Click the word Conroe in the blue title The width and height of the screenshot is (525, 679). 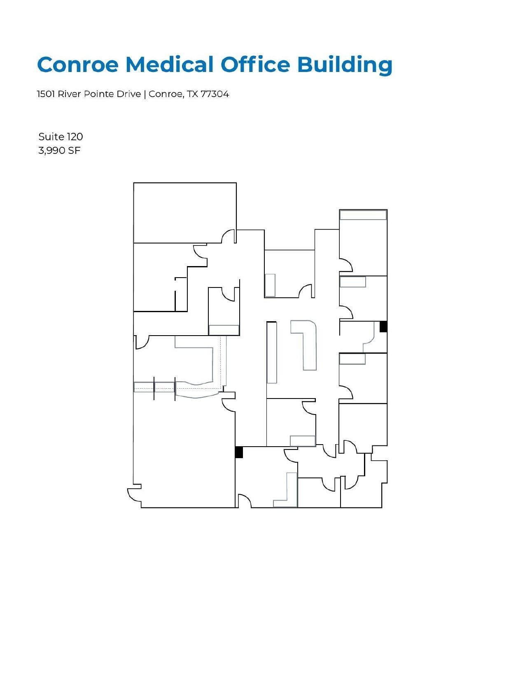click(x=78, y=65)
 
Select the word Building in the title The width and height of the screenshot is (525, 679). click(x=344, y=65)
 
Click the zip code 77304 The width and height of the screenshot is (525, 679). click(x=215, y=94)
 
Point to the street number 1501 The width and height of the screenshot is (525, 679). click(x=46, y=94)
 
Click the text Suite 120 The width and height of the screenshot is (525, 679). click(x=61, y=137)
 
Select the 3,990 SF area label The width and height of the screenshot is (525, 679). click(x=59, y=151)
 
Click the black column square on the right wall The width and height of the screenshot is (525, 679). click(x=383, y=327)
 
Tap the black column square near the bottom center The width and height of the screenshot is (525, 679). click(x=239, y=452)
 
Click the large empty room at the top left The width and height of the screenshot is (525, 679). click(x=185, y=212)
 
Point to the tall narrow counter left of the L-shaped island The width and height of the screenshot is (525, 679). click(x=271, y=352)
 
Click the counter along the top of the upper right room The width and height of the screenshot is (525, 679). click(x=363, y=215)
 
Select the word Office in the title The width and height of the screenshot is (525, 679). click(x=255, y=65)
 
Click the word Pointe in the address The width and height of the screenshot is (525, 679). click(x=98, y=94)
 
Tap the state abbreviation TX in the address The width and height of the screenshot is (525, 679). click(x=192, y=94)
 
